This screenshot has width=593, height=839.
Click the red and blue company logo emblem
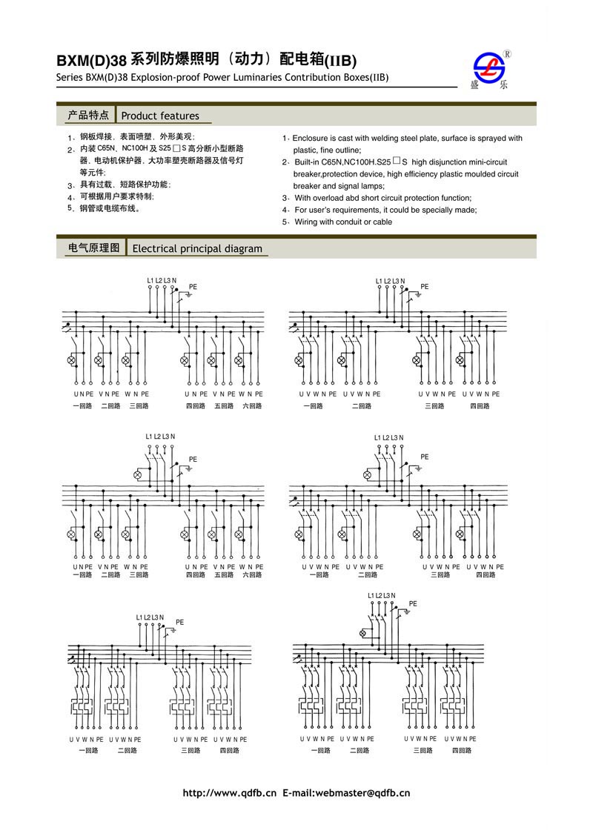click(x=488, y=66)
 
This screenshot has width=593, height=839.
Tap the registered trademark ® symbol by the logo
click(x=507, y=54)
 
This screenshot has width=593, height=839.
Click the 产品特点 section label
click(x=88, y=115)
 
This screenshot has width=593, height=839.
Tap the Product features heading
click(x=160, y=116)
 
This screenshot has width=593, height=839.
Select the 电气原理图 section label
click(x=93, y=248)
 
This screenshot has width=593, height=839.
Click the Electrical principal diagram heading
click(x=197, y=248)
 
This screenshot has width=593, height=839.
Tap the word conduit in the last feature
click(x=348, y=222)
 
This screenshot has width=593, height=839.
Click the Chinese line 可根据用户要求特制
click(x=117, y=196)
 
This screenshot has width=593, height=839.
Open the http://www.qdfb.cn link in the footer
click(x=229, y=793)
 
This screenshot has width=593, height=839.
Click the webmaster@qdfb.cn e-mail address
click(x=362, y=793)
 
